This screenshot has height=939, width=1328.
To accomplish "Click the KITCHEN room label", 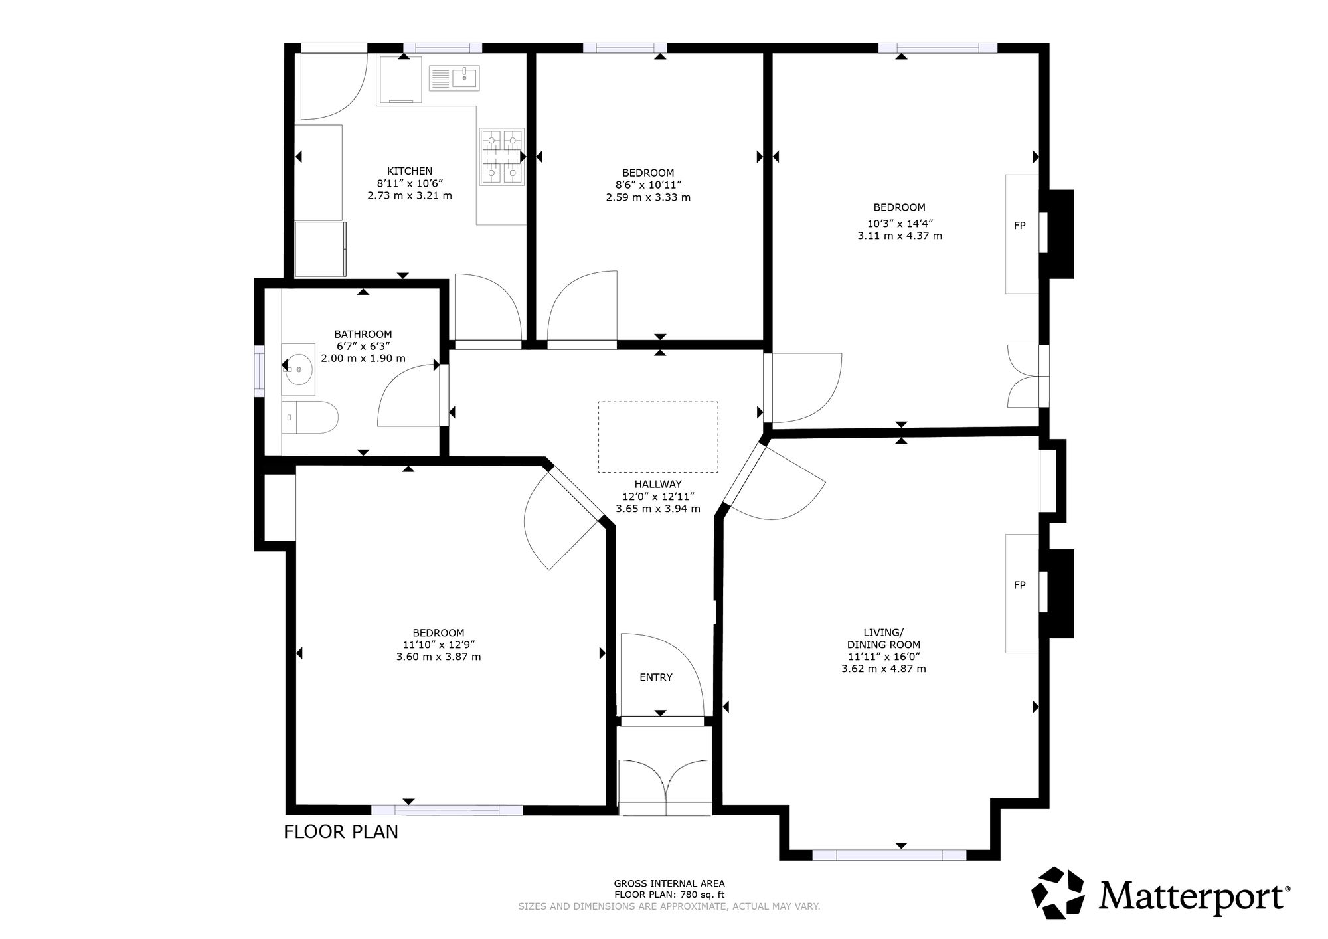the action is pyautogui.click(x=410, y=171).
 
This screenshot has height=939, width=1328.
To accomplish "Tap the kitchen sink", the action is pyautogui.click(x=454, y=78).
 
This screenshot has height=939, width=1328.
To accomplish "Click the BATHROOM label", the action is pyautogui.click(x=363, y=334).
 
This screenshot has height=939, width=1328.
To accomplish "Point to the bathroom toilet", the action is pyautogui.click(x=310, y=418).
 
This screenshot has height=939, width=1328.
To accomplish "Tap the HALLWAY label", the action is pyautogui.click(x=658, y=484).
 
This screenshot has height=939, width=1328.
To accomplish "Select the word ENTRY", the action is pyautogui.click(x=656, y=677).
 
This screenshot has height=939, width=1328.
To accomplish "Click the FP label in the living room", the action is pyautogui.click(x=1020, y=585).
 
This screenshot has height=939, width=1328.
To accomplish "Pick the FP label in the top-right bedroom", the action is pyautogui.click(x=1020, y=226).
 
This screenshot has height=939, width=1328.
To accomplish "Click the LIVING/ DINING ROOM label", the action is pyautogui.click(x=884, y=638).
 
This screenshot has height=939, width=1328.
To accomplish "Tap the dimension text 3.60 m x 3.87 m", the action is pyautogui.click(x=438, y=657).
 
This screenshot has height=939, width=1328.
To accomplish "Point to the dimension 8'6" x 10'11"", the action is pyautogui.click(x=648, y=185).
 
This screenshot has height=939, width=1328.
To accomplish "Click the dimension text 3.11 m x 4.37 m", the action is pyautogui.click(x=900, y=236).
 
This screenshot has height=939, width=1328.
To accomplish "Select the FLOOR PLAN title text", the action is pyautogui.click(x=341, y=831).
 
